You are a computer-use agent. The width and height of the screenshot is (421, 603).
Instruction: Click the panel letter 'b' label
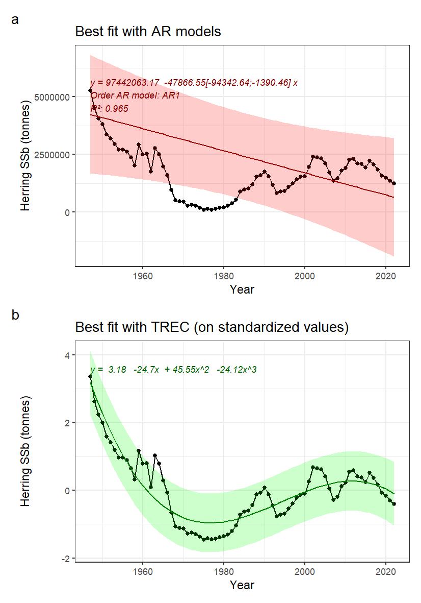pos(15,316)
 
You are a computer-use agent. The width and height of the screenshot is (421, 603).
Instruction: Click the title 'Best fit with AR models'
pos(148,32)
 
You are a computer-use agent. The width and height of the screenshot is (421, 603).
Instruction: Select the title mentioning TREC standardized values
pos(212,327)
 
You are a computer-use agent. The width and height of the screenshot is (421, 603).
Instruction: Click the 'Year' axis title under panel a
pos(242,290)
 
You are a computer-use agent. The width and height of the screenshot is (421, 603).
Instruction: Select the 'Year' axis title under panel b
pos(242,585)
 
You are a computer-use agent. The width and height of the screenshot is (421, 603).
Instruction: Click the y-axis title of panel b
pos(25,452)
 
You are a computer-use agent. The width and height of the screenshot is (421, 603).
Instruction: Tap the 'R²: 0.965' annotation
pos(109,109)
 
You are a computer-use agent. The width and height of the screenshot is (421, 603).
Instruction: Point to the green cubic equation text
pos(173,369)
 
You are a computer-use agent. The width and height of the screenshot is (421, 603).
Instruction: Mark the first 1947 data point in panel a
pos(90,90)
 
